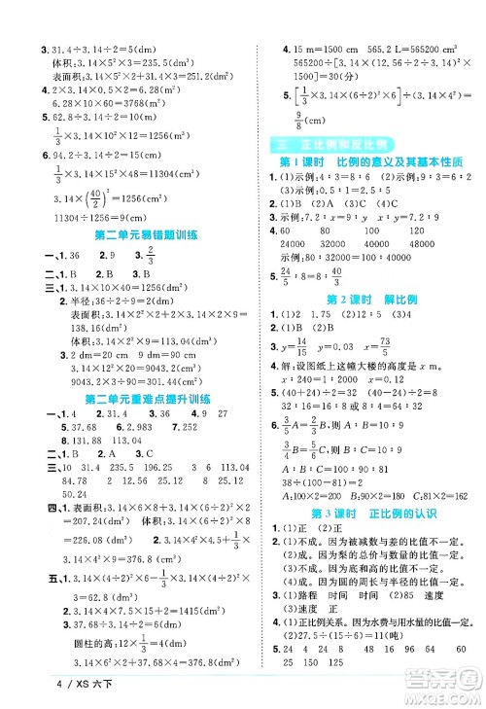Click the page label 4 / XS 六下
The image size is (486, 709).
pyautogui.click(x=36, y=693)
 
